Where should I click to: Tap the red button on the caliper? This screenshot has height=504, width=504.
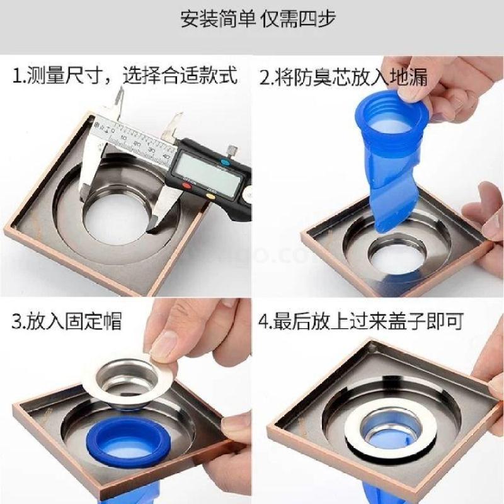tap(186, 185)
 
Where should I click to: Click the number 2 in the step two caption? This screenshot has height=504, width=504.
tap(265, 77)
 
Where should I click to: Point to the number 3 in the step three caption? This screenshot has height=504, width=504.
tap(16, 321)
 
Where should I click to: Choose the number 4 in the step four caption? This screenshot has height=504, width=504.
tap(264, 321)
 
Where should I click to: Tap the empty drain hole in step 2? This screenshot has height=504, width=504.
tap(396, 254)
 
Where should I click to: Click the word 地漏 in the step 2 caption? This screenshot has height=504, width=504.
tap(408, 77)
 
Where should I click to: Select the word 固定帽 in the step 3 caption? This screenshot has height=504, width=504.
tap(93, 321)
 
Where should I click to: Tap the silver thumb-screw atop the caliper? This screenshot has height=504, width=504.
tap(232, 149)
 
